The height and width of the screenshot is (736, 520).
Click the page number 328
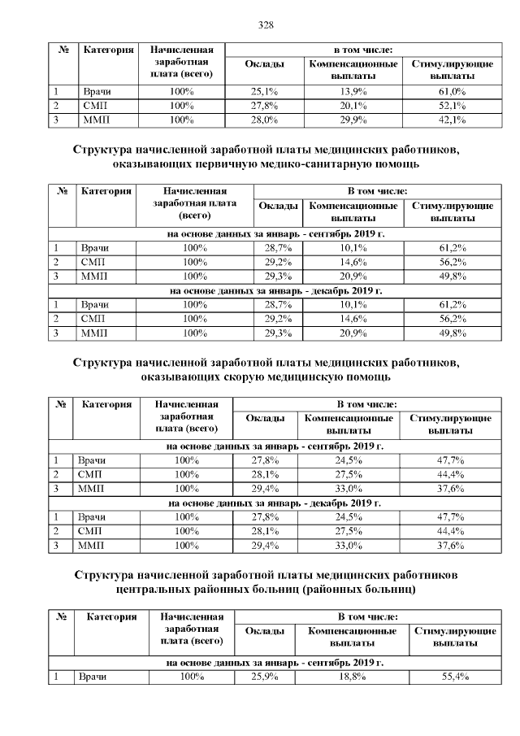265,24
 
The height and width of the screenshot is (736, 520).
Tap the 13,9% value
353,91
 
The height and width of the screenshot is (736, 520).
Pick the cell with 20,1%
353,106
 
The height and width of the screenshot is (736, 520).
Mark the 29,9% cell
353,120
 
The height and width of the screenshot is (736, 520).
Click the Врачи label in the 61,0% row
97,91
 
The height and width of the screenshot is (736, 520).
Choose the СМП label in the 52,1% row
93,106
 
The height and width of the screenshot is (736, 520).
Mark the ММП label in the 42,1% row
95,120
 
